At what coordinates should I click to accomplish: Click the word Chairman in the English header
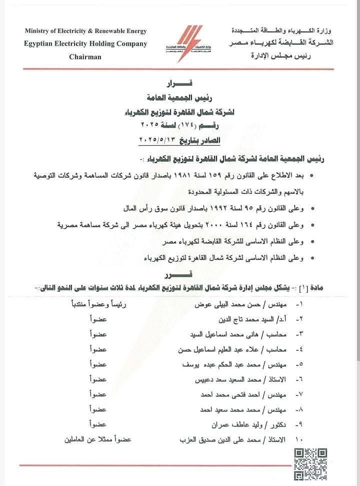[85, 57]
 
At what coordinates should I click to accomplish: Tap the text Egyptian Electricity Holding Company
[85, 44]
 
